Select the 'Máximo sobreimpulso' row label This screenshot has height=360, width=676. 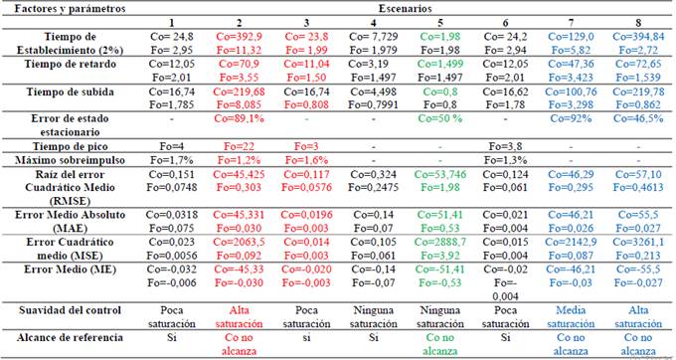[x=69, y=160]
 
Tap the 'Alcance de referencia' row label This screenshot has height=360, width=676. [x=70, y=338]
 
